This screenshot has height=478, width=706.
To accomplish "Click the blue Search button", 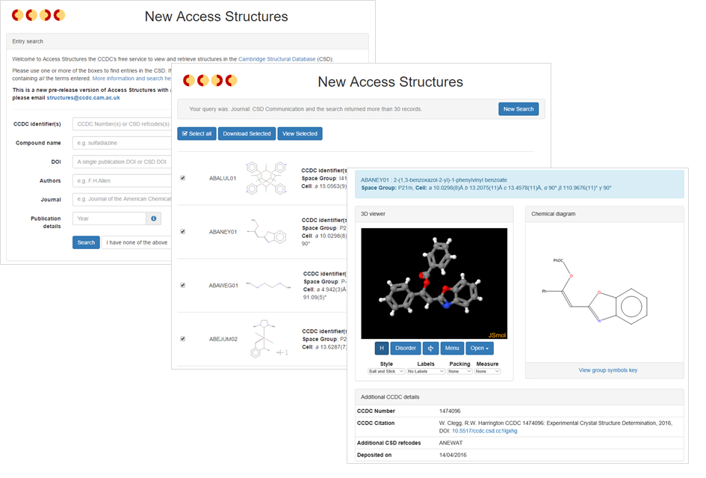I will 86,242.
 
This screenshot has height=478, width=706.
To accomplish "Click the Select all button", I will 197,134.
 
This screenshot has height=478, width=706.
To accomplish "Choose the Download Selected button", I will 247,134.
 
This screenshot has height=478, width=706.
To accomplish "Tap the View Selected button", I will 300,134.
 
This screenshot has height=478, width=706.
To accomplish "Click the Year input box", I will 109,218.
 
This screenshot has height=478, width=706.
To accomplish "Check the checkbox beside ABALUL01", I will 182,178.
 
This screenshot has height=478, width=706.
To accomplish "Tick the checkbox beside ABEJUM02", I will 182,339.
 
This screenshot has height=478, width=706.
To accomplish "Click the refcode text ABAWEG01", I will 223,285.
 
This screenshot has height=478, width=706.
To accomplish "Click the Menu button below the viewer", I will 450,348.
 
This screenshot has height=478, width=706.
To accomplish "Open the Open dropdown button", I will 479,348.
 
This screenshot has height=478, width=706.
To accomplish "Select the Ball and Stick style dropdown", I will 386,371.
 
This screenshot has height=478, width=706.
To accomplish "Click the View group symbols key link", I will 607,370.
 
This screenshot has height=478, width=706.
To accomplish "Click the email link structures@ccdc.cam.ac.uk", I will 83,97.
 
